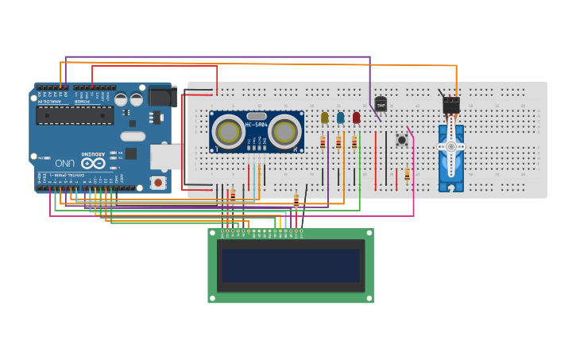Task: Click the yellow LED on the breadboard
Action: (324, 118)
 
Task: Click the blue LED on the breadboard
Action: (340, 118)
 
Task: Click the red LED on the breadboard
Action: (356, 118)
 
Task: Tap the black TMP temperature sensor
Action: (381, 104)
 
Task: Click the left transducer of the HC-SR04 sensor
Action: (229, 132)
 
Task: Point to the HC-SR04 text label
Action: (256, 125)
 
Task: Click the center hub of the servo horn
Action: (450, 146)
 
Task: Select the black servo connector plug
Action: (450, 104)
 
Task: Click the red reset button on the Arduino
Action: (158, 183)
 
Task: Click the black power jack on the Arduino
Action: (162, 96)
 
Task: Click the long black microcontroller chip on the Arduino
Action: (74, 115)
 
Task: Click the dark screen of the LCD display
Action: (290, 265)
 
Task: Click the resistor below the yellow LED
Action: (323, 143)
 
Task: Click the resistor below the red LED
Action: (354, 143)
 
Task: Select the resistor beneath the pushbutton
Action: (407, 175)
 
